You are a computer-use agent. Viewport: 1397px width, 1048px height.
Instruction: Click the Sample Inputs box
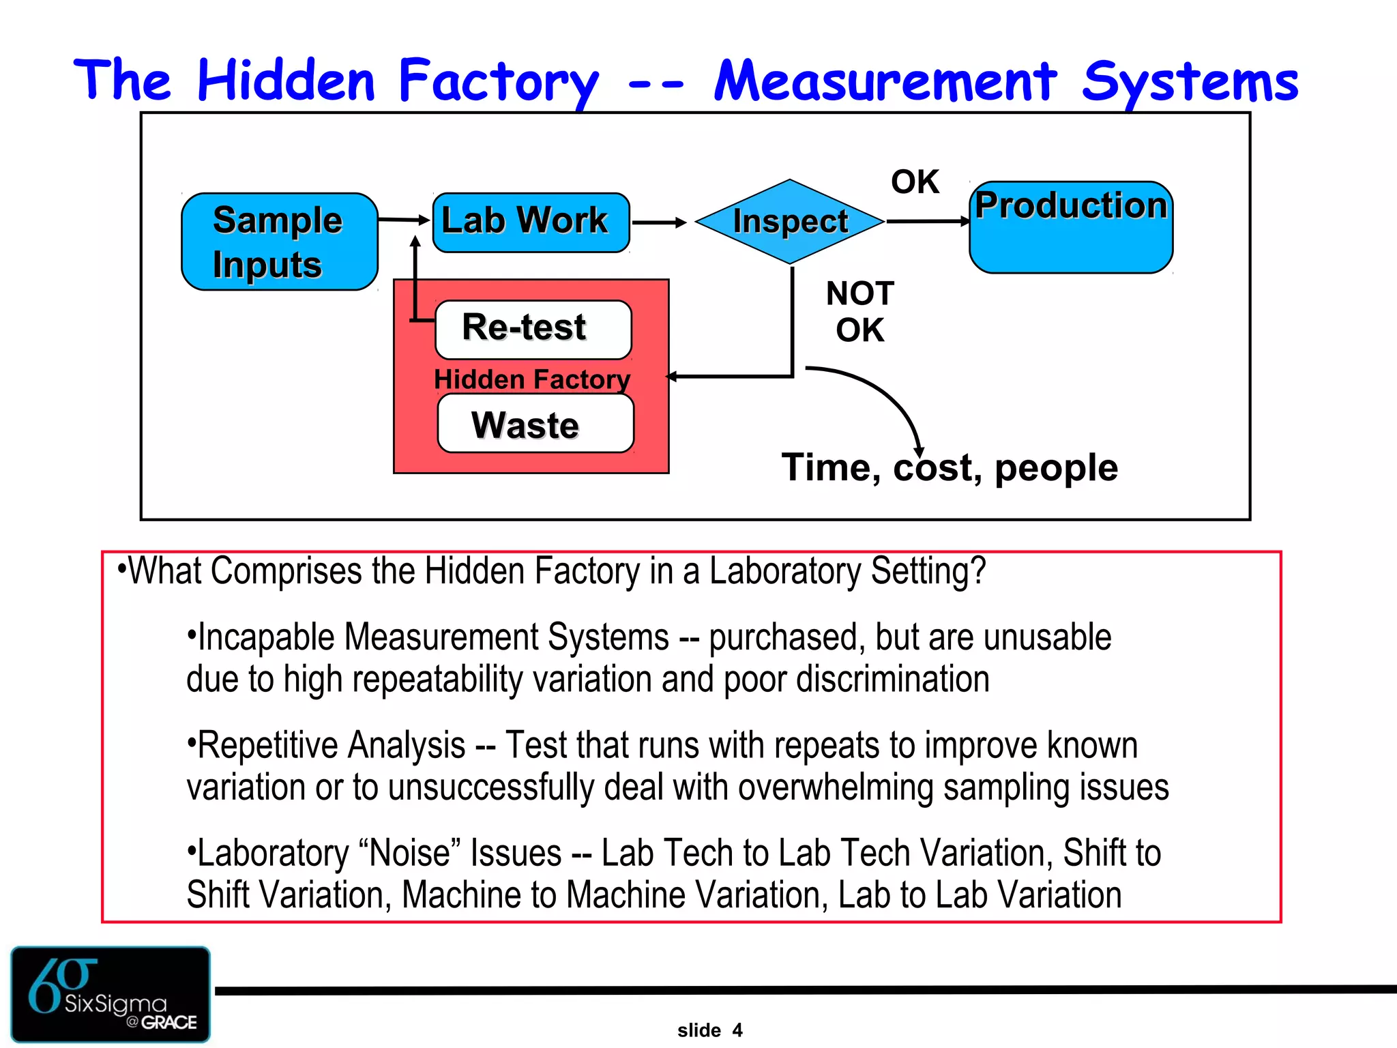279,242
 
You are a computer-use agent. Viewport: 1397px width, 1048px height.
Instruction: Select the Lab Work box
531,222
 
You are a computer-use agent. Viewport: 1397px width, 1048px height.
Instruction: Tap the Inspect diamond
790,222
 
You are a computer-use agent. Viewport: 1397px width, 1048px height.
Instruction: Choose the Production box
1071,227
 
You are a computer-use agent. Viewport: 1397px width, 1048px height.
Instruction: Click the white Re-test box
533,329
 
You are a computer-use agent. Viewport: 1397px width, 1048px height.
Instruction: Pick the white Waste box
535,424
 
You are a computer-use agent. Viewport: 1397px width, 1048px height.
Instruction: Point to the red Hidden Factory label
532,379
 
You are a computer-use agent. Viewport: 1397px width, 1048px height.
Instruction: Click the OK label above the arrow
915,182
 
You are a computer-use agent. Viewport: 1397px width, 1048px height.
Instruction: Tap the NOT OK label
859,312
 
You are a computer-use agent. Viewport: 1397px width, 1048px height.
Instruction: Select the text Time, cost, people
950,468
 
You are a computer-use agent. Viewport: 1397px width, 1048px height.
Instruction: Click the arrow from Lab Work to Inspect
659,222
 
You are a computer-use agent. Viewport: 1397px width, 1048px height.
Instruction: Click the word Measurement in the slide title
885,82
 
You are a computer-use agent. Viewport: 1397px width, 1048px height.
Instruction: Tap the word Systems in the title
1190,82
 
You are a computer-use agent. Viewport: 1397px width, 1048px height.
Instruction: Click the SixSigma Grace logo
111,993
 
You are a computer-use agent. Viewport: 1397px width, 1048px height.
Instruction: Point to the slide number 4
737,1030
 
